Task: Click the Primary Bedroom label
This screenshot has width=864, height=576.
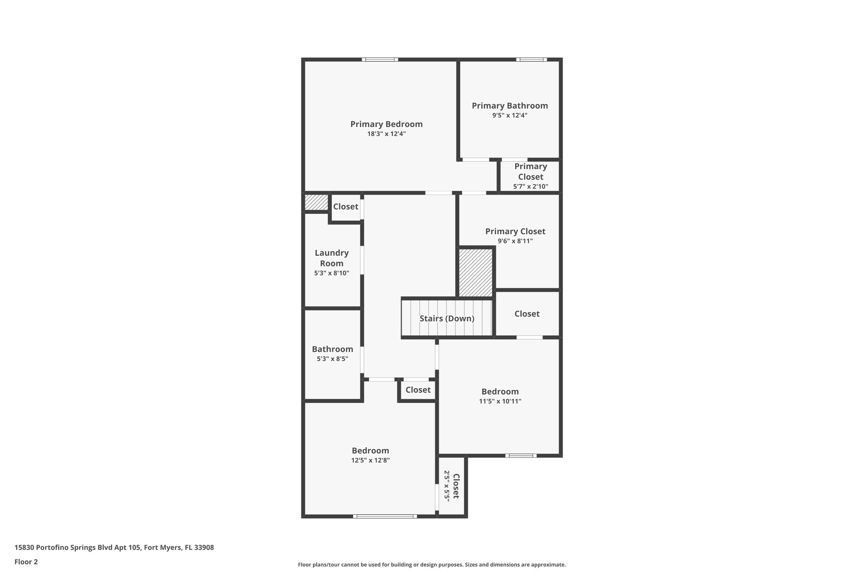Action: pyautogui.click(x=386, y=124)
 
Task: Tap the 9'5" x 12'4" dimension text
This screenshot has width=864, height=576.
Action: pyautogui.click(x=510, y=115)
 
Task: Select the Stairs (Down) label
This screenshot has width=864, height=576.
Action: pyautogui.click(x=447, y=319)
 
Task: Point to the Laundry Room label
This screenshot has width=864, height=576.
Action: pyautogui.click(x=332, y=258)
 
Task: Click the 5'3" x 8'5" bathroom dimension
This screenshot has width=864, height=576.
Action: pyautogui.click(x=332, y=359)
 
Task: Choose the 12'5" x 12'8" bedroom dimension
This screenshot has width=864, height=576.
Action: pyautogui.click(x=370, y=460)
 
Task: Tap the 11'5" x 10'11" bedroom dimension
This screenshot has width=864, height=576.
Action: pyautogui.click(x=500, y=401)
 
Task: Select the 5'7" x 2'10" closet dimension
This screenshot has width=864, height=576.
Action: pyautogui.click(x=530, y=186)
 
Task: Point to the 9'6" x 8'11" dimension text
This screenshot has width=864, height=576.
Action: pyautogui.click(x=515, y=241)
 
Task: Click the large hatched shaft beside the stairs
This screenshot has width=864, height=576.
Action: pyautogui.click(x=475, y=273)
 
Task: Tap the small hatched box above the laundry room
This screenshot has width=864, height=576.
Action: pyautogui.click(x=316, y=202)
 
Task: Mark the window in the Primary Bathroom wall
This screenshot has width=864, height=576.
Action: pyautogui.click(x=532, y=59)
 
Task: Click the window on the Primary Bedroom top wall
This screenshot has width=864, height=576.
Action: pyautogui.click(x=380, y=59)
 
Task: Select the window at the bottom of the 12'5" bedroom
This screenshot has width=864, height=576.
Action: pyautogui.click(x=385, y=516)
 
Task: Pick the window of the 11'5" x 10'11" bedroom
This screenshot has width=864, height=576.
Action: pyautogui.click(x=521, y=455)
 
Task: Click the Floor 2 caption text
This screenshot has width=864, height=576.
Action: pyautogui.click(x=26, y=562)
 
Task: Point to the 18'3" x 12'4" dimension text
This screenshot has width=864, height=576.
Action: pyautogui.click(x=386, y=134)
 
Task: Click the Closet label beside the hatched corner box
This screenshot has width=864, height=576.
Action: pyautogui.click(x=346, y=206)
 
